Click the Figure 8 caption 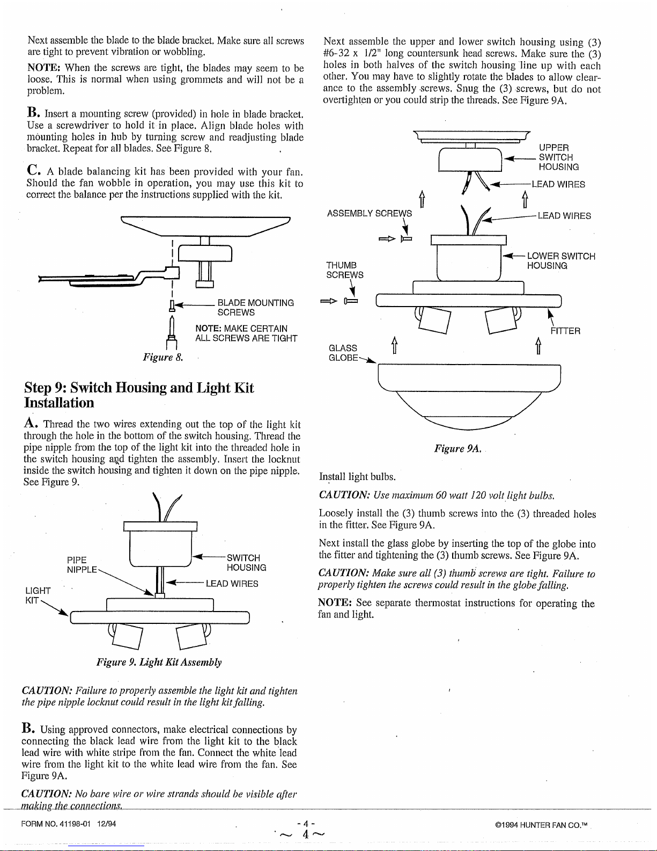tap(163, 357)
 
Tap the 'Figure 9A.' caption tap(457, 448)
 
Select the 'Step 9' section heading tap(139, 395)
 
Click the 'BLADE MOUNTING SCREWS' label tap(255, 308)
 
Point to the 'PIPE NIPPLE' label tap(82, 565)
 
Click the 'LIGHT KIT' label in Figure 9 tap(38, 595)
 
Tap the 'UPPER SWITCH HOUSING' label tap(558, 157)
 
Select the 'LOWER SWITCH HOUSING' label tap(561, 261)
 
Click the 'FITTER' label tap(565, 331)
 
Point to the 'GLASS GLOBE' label tap(343, 353)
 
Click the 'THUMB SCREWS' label tap(344, 270)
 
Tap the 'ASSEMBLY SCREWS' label tap(369, 214)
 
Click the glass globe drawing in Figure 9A tap(469, 396)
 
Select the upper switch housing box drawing tap(470, 159)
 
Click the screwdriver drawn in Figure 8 tap(172, 332)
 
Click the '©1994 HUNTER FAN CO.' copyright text tap(541, 825)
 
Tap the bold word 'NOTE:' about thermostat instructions tap(335, 602)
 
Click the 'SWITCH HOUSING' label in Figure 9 tap(246, 563)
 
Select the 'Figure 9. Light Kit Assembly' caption tap(159, 662)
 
